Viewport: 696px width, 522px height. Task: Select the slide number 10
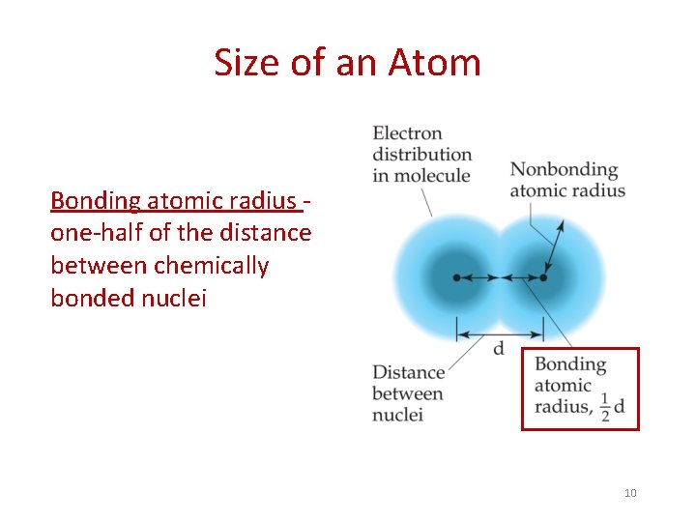tap(630, 493)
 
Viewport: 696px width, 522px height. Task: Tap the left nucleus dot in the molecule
tap(457, 277)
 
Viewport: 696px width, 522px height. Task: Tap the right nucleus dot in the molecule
tap(543, 277)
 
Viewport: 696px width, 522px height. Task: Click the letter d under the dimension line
tap(499, 349)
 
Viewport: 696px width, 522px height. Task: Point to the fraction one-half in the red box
tap(604, 407)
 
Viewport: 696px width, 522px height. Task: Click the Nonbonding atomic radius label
tap(567, 179)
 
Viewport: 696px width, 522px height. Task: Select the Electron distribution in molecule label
tap(421, 155)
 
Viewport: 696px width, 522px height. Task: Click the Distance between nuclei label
tap(408, 393)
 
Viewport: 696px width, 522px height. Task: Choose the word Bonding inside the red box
tap(570, 364)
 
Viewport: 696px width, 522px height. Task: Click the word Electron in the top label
tap(407, 133)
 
